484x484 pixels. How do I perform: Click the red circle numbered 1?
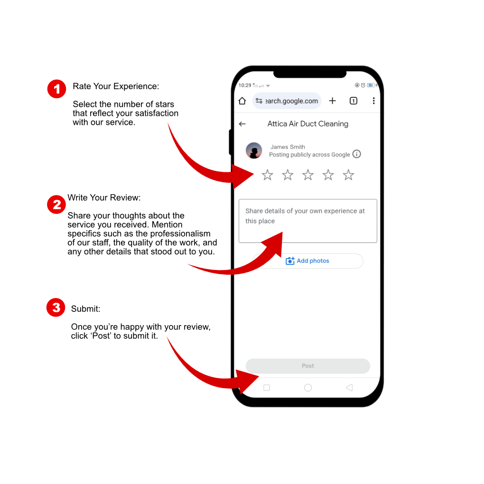[56, 89]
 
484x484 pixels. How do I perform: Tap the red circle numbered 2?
[56, 205]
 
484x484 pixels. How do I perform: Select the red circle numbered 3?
[56, 307]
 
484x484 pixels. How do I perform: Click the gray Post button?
[308, 366]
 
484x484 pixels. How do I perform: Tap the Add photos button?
[308, 261]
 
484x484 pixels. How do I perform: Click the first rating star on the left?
[267, 175]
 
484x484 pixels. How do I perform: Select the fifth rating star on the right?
[348, 175]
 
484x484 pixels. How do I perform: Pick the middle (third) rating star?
[308, 175]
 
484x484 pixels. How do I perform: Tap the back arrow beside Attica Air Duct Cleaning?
[242, 124]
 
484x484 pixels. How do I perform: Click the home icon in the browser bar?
[242, 101]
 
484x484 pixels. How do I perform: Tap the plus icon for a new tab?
[333, 101]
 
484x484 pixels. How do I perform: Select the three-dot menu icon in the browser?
[373, 101]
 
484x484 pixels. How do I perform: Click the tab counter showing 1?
[354, 101]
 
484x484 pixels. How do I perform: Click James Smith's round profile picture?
[254, 150]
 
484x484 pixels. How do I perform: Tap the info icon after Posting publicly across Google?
[356, 154]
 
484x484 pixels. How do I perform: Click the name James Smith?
[288, 147]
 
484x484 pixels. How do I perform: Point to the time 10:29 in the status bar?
[245, 85]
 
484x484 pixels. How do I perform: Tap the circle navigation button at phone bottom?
[308, 388]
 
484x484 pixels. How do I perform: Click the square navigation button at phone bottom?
[267, 388]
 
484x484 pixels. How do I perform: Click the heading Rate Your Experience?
[116, 86]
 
